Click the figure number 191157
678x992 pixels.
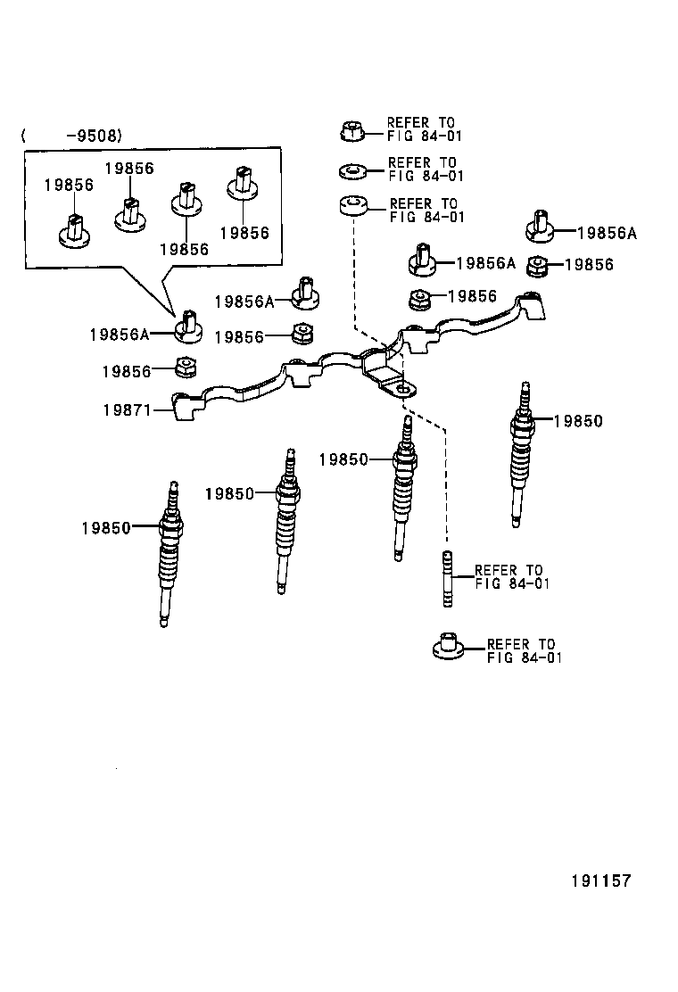[600, 880]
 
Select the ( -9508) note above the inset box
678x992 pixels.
[71, 136]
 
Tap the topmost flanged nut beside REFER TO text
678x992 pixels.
[351, 131]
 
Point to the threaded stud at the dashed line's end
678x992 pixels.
[446, 579]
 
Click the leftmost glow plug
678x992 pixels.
[169, 553]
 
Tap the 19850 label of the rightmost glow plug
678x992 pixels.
[578, 421]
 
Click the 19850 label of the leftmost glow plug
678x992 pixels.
[105, 527]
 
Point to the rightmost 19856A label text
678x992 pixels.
[607, 233]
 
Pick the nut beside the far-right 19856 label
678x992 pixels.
[538, 265]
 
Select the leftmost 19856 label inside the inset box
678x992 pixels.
[70, 185]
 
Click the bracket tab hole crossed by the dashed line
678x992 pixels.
[404, 389]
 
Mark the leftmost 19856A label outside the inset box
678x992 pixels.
[118, 334]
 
